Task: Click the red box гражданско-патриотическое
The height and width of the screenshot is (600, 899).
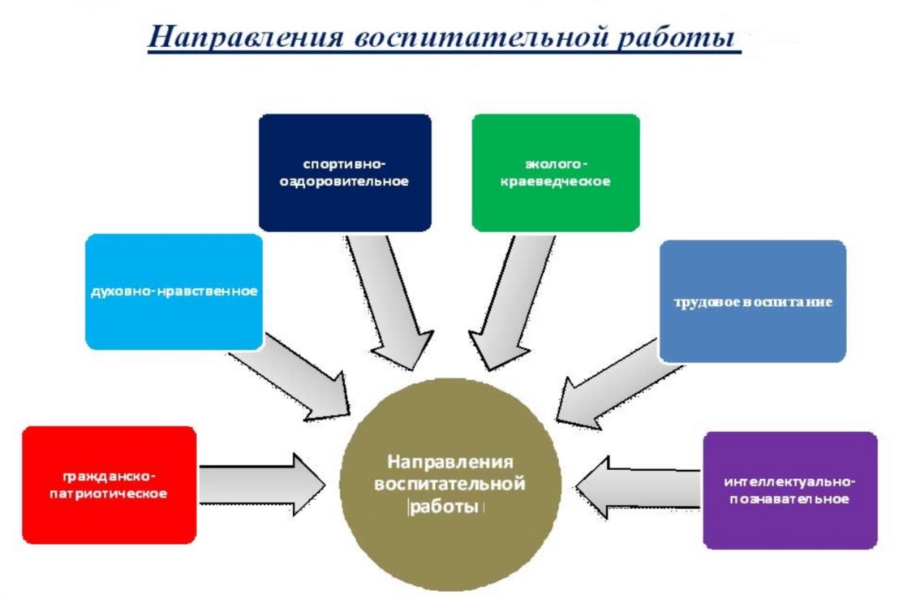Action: (109, 485)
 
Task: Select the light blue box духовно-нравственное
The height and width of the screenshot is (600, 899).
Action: (174, 291)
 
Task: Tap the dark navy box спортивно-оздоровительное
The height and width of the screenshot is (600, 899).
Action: (345, 173)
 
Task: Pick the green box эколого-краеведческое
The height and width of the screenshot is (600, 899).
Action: (556, 173)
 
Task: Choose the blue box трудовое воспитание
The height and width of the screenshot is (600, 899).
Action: (753, 301)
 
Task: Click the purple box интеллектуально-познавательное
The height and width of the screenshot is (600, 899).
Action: (790, 490)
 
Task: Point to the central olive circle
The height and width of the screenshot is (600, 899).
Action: (450, 485)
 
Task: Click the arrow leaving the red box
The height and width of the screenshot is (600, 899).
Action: (263, 485)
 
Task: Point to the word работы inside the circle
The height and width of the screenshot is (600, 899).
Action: (444, 507)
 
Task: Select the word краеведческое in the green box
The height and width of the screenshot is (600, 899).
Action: (556, 182)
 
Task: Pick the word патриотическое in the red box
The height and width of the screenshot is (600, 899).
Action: (109, 494)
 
